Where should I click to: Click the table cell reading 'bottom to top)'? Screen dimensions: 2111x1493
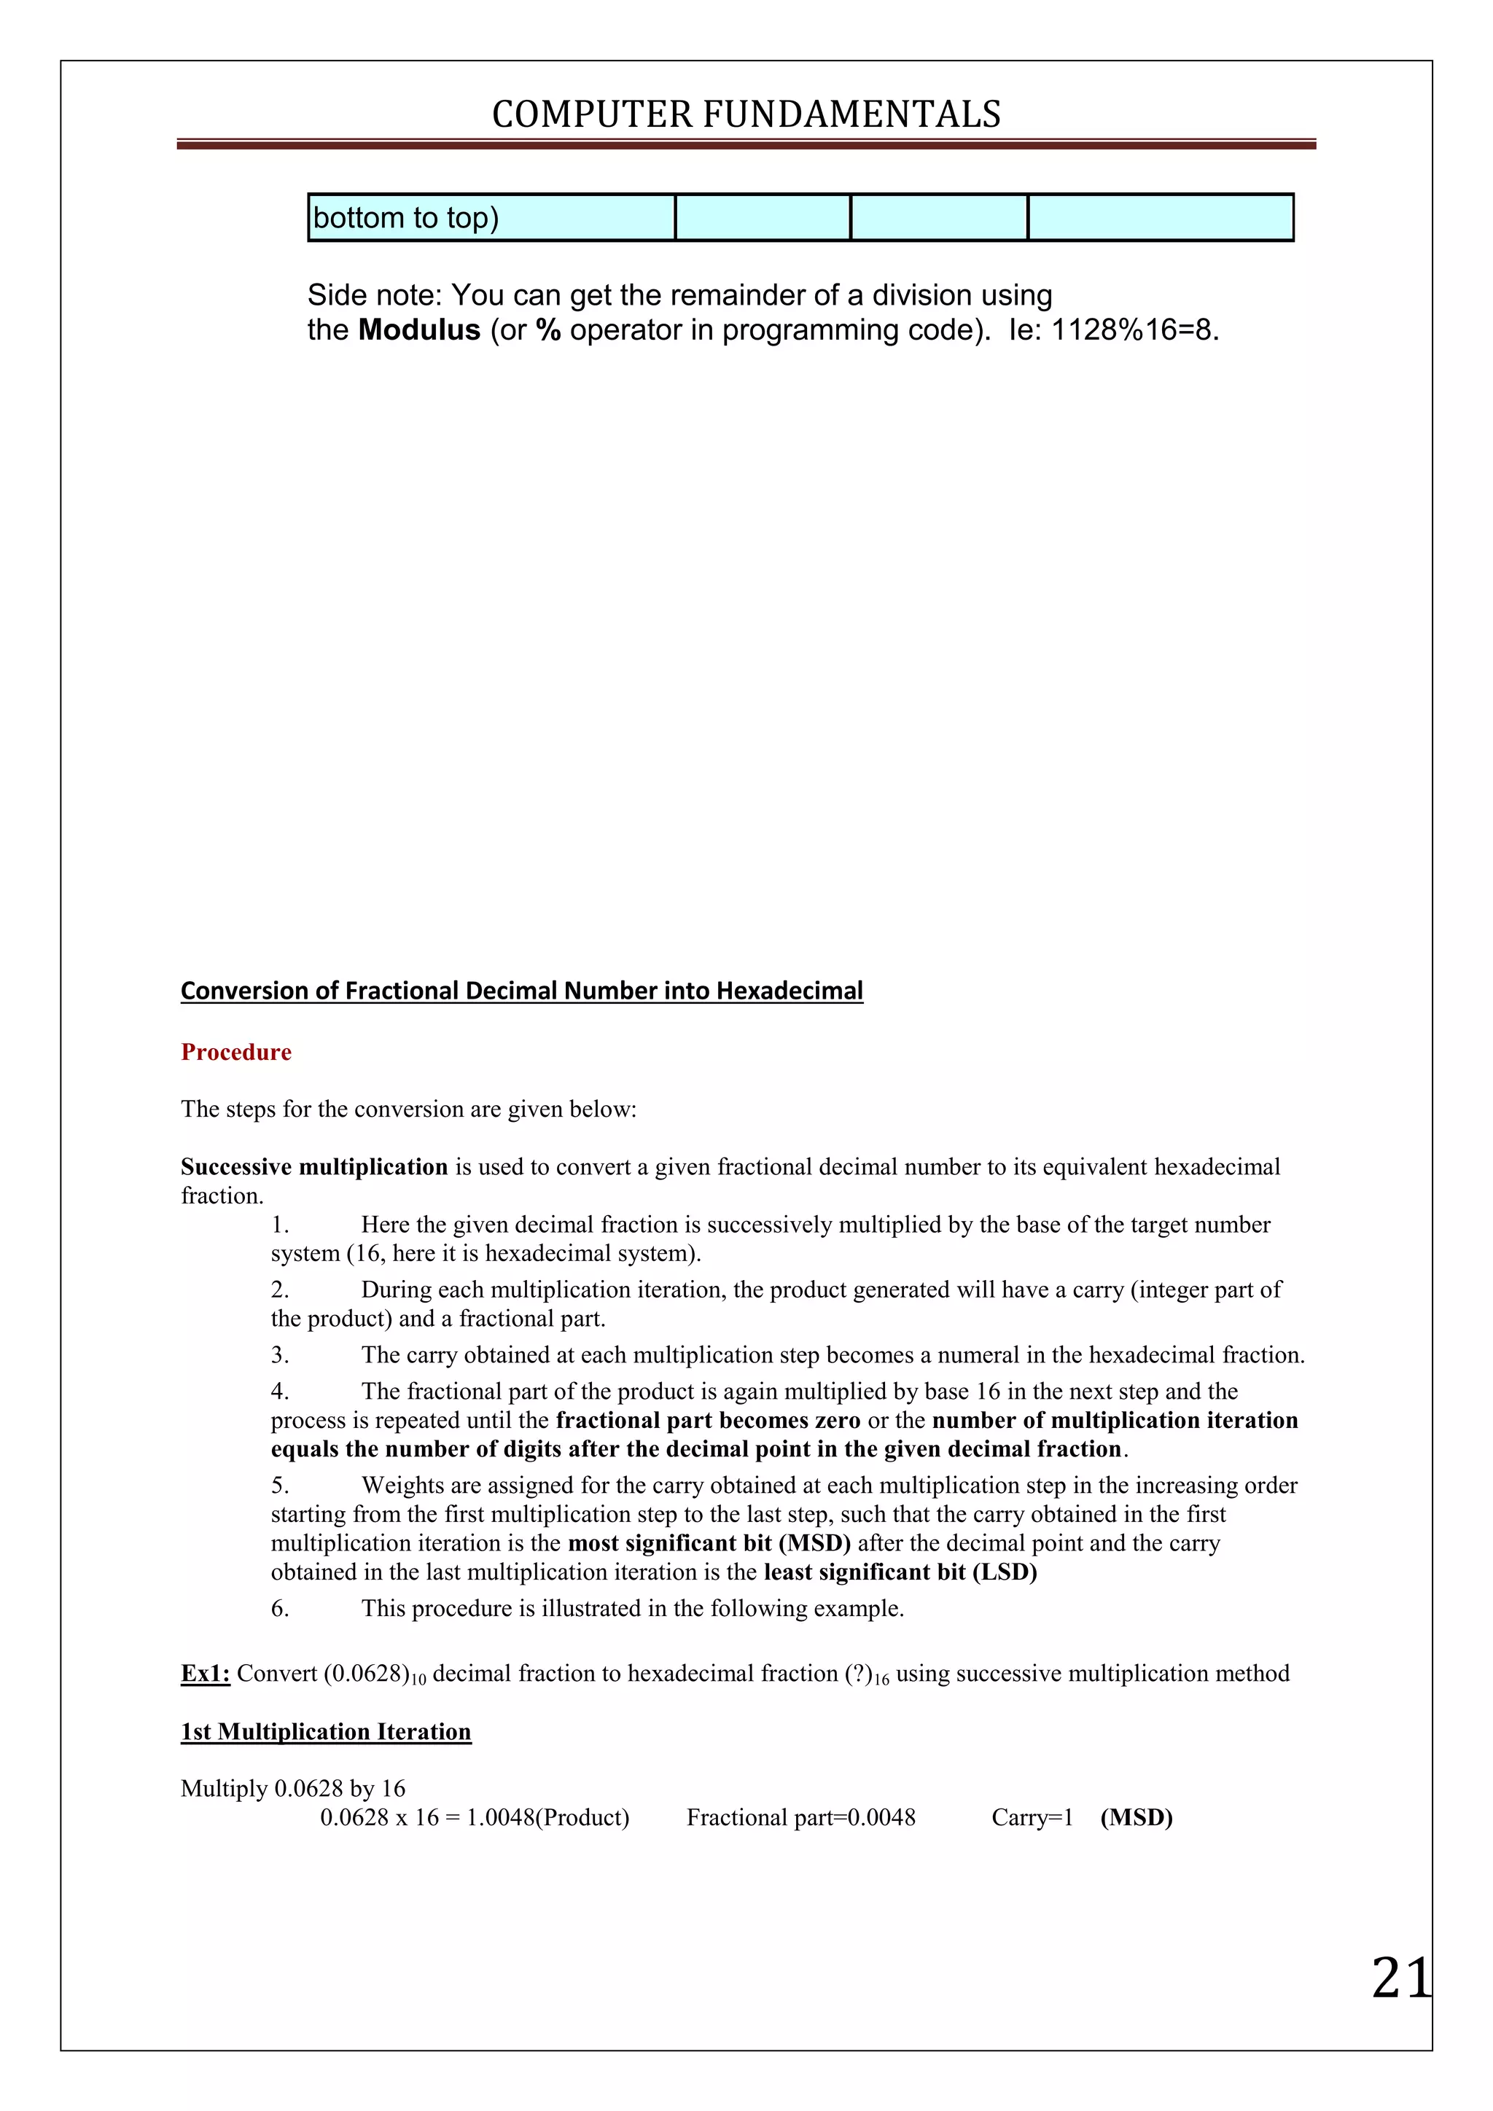(405, 218)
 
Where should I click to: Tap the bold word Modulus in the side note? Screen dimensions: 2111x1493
(419, 330)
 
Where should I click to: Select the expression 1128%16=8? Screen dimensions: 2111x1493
(1134, 330)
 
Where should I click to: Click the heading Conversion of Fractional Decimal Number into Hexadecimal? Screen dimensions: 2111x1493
(521, 991)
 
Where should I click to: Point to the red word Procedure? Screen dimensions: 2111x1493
(235, 1052)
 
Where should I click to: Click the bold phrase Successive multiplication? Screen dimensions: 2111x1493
(313, 1167)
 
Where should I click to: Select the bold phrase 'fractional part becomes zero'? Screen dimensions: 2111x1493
(708, 1421)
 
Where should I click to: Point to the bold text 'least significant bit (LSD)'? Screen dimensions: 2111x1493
(900, 1572)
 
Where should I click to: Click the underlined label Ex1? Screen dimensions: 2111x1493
(205, 1674)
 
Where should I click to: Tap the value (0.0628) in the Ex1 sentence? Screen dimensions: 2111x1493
(366, 1674)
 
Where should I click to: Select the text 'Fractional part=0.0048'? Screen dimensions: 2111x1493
(800, 1818)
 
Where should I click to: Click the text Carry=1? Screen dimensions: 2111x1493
(1032, 1818)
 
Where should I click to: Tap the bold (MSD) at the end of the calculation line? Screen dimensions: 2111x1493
(1137, 1818)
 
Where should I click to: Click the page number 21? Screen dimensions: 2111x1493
(1400, 1978)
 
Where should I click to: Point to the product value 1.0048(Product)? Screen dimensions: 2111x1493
(548, 1818)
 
